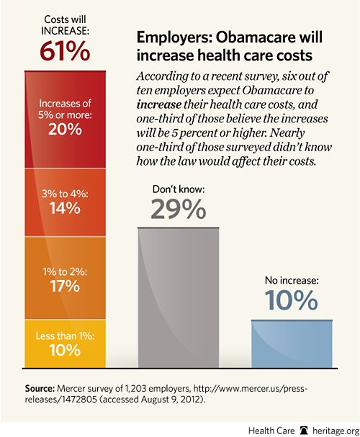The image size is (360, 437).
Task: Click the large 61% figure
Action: (x=65, y=52)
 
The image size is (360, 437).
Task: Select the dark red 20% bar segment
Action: (x=66, y=120)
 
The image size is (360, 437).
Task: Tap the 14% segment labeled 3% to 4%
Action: (x=66, y=202)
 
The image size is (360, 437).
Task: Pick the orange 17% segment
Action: (x=66, y=278)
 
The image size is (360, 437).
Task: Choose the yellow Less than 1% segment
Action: (x=66, y=343)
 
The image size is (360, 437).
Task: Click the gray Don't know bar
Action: (x=179, y=297)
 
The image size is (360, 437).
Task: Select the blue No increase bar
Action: (x=292, y=344)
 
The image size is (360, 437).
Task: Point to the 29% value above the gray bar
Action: (x=179, y=210)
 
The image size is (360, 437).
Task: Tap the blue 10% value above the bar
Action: (x=291, y=300)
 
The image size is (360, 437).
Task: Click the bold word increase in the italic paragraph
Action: (x=159, y=104)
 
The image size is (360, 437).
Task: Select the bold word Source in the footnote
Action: (x=40, y=389)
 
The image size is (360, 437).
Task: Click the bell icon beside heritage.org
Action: (x=304, y=431)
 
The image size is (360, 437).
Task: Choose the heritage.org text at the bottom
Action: (x=336, y=431)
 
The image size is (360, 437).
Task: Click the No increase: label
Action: (x=292, y=280)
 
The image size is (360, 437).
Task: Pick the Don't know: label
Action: (x=179, y=189)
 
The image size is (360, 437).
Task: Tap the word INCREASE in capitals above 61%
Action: (x=65, y=31)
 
